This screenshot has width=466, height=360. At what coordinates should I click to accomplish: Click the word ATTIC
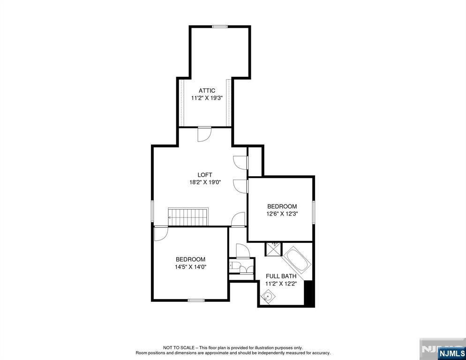tap(207, 90)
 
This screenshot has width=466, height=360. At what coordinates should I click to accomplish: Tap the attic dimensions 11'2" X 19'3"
tap(207, 97)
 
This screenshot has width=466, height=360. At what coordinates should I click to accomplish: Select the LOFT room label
tap(205, 175)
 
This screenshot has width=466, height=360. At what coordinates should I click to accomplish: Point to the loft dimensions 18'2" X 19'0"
tap(205, 182)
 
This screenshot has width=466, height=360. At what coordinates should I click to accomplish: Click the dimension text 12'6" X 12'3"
tap(282, 213)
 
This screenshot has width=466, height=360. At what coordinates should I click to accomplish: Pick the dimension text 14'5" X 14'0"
tap(190, 267)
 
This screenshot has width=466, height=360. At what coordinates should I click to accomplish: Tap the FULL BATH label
tap(281, 276)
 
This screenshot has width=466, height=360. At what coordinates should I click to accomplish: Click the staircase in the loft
tap(188, 217)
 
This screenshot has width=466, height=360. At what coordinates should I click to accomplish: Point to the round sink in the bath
tap(268, 296)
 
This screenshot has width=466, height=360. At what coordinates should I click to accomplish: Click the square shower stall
tap(273, 249)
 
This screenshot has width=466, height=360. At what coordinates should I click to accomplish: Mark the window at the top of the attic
tap(220, 26)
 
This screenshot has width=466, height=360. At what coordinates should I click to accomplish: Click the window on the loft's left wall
tap(152, 211)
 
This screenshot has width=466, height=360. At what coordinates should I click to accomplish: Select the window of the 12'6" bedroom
tap(313, 212)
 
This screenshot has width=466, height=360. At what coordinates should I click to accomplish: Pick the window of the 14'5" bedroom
tap(196, 300)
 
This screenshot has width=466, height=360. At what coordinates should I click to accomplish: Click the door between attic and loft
tap(204, 134)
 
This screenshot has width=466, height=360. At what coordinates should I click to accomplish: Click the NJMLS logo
tap(451, 353)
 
